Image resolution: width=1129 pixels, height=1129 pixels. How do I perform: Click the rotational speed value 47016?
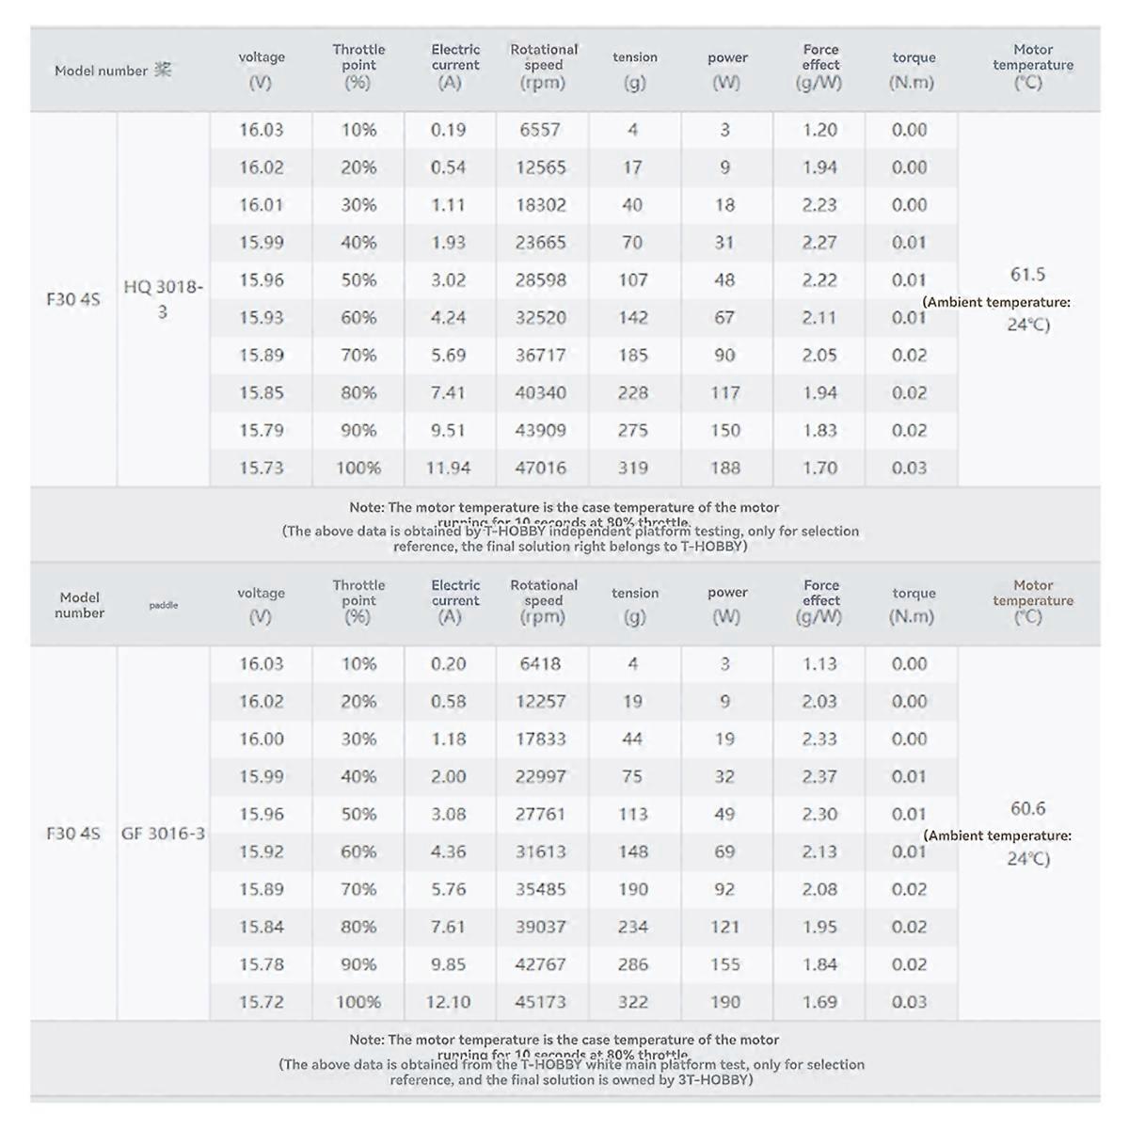pyautogui.click(x=540, y=468)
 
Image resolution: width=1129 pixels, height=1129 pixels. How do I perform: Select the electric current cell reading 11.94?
pyautogui.click(x=448, y=468)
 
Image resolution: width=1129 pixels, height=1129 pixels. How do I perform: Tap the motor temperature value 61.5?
pyautogui.click(x=1027, y=275)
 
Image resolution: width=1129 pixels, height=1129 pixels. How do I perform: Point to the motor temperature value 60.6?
pyautogui.click(x=1027, y=808)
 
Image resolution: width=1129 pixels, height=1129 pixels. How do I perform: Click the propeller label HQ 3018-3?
pyautogui.click(x=163, y=298)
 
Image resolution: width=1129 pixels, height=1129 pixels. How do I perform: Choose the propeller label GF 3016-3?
pyautogui.click(x=163, y=833)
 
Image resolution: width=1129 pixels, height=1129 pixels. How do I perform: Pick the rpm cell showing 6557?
pyautogui.click(x=540, y=130)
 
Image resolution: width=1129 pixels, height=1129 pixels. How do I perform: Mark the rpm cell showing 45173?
pyautogui.click(x=540, y=1002)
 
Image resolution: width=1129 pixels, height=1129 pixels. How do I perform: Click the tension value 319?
pyautogui.click(x=632, y=468)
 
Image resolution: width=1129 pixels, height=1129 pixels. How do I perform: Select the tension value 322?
pyautogui.click(x=632, y=1002)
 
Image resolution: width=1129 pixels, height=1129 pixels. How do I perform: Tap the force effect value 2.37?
pyautogui.click(x=819, y=776)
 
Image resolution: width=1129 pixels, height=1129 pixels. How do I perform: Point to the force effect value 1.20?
pyautogui.click(x=819, y=130)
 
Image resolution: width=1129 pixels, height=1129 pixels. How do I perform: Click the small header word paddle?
pyautogui.click(x=163, y=605)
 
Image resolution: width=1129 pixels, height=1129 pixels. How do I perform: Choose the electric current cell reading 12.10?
pyautogui.click(x=448, y=1002)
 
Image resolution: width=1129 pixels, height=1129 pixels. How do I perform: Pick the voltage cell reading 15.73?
pyautogui.click(x=261, y=468)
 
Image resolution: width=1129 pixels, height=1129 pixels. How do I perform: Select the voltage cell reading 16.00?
pyautogui.click(x=261, y=739)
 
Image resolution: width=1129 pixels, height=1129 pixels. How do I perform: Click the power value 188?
pyautogui.click(x=724, y=468)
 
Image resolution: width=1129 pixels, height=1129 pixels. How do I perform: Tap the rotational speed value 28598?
pyautogui.click(x=540, y=279)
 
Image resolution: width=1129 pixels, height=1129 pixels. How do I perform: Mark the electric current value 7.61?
pyautogui.click(x=448, y=927)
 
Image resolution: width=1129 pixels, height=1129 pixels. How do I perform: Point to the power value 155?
pyautogui.click(x=724, y=964)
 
